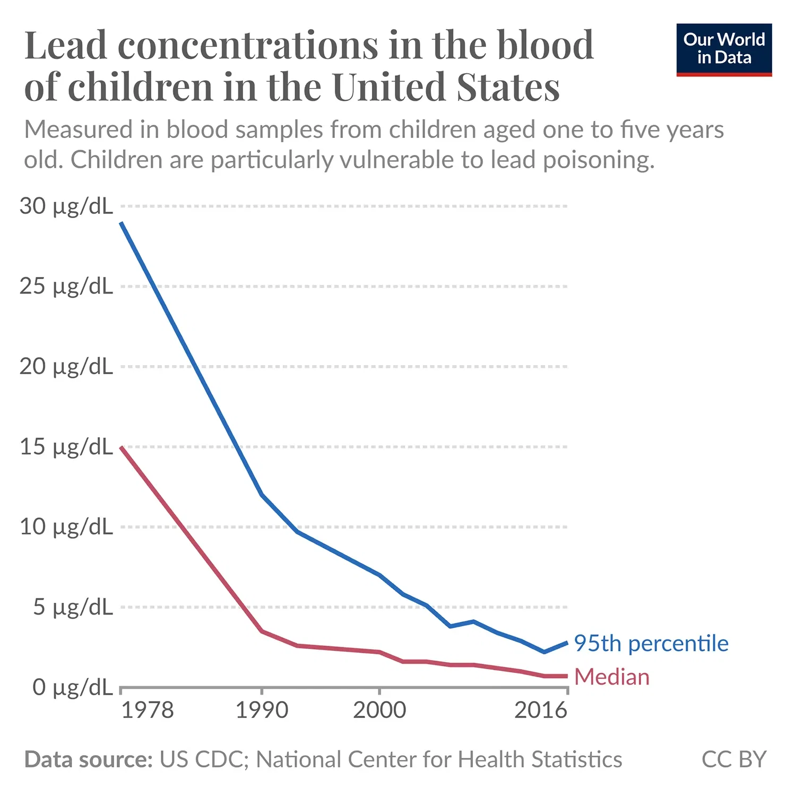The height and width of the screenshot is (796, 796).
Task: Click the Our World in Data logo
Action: (724, 49)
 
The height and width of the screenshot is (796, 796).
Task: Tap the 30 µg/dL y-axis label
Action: (66, 206)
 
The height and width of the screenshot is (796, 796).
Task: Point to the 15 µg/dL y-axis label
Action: (66, 447)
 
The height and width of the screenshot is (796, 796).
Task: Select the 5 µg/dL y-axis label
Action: (73, 607)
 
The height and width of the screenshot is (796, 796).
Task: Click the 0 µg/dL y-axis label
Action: (73, 687)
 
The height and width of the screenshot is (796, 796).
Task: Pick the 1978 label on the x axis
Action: (148, 710)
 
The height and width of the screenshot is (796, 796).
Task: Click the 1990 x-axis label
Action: (262, 710)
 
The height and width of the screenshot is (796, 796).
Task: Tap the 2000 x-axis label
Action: (379, 710)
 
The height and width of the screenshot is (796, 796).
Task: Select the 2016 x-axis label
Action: (540, 710)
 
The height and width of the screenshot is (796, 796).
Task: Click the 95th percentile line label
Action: (651, 643)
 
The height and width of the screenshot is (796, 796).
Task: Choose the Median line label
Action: (612, 677)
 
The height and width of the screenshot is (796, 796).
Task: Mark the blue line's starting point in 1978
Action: (122, 223)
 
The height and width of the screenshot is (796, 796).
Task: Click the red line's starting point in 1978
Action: (122, 447)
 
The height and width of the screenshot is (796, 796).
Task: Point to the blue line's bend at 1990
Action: (262, 495)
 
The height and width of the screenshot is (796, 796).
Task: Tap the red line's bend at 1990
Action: (262, 631)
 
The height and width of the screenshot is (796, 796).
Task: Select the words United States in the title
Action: (446, 87)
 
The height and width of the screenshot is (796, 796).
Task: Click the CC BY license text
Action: (734, 759)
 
